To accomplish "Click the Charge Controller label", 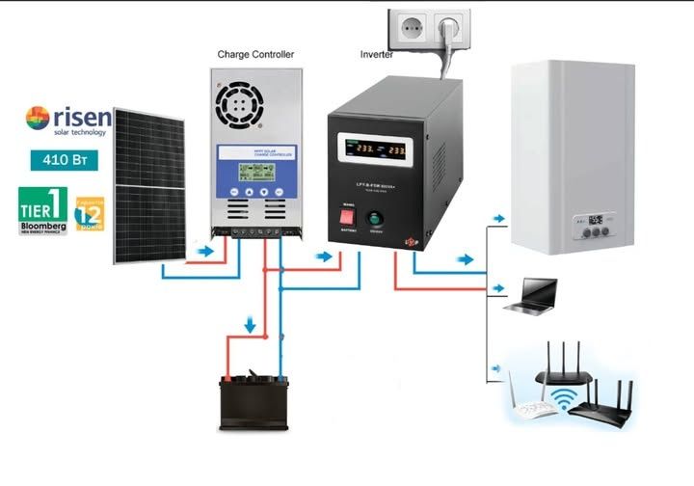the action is [255, 55].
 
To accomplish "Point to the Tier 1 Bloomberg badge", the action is [43, 211].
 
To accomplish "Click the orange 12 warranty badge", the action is [90, 214].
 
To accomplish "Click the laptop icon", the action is [533, 294].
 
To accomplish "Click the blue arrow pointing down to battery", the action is [252, 325].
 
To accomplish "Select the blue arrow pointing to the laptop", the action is [497, 288].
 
